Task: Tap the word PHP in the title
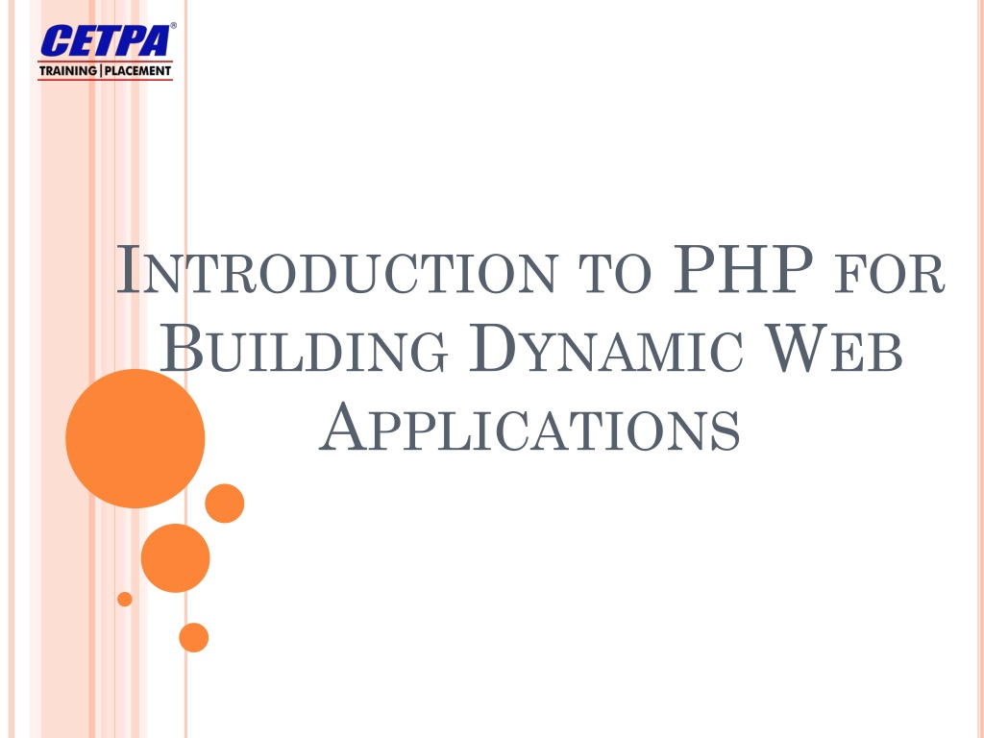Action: (734, 271)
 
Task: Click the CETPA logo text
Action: (104, 42)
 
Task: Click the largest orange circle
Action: (135, 438)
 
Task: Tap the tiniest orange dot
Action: (124, 599)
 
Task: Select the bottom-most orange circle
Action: (193, 637)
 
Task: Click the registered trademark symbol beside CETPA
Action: (173, 26)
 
